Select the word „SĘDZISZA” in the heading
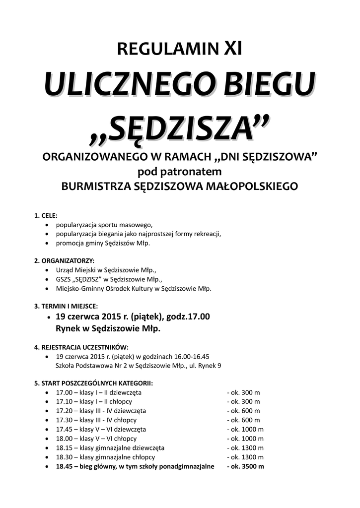pyautogui.click(x=180, y=129)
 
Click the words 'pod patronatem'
pyautogui.click(x=179, y=172)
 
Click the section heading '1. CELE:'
pyautogui.click(x=46, y=216)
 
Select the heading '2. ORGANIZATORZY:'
pyautogui.click(x=64, y=260)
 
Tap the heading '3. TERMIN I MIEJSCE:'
pyautogui.click(x=66, y=306)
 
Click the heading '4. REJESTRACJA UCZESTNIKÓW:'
pyautogui.click(x=81, y=347)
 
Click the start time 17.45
pyautogui.click(x=63, y=429)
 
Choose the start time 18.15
pyautogui.click(x=63, y=448)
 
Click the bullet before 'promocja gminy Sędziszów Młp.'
pyautogui.click(x=47, y=244)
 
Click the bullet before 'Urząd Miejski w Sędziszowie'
pyautogui.click(x=47, y=270)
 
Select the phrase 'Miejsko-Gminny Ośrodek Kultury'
pyautogui.click(x=104, y=288)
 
